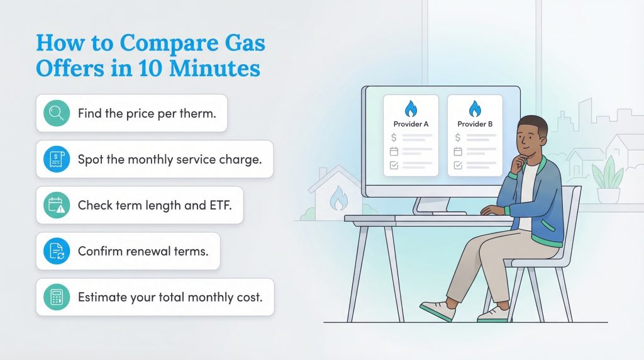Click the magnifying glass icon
tap(57, 113)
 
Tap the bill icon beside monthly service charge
tap(57, 159)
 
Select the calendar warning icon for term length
tap(57, 205)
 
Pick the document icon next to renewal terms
tap(57, 251)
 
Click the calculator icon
tap(57, 297)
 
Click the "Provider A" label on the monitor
tap(411, 125)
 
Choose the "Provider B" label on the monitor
tap(475, 125)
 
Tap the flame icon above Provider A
tap(411, 109)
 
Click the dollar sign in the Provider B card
tap(458, 137)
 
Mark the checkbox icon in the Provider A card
tap(394, 165)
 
